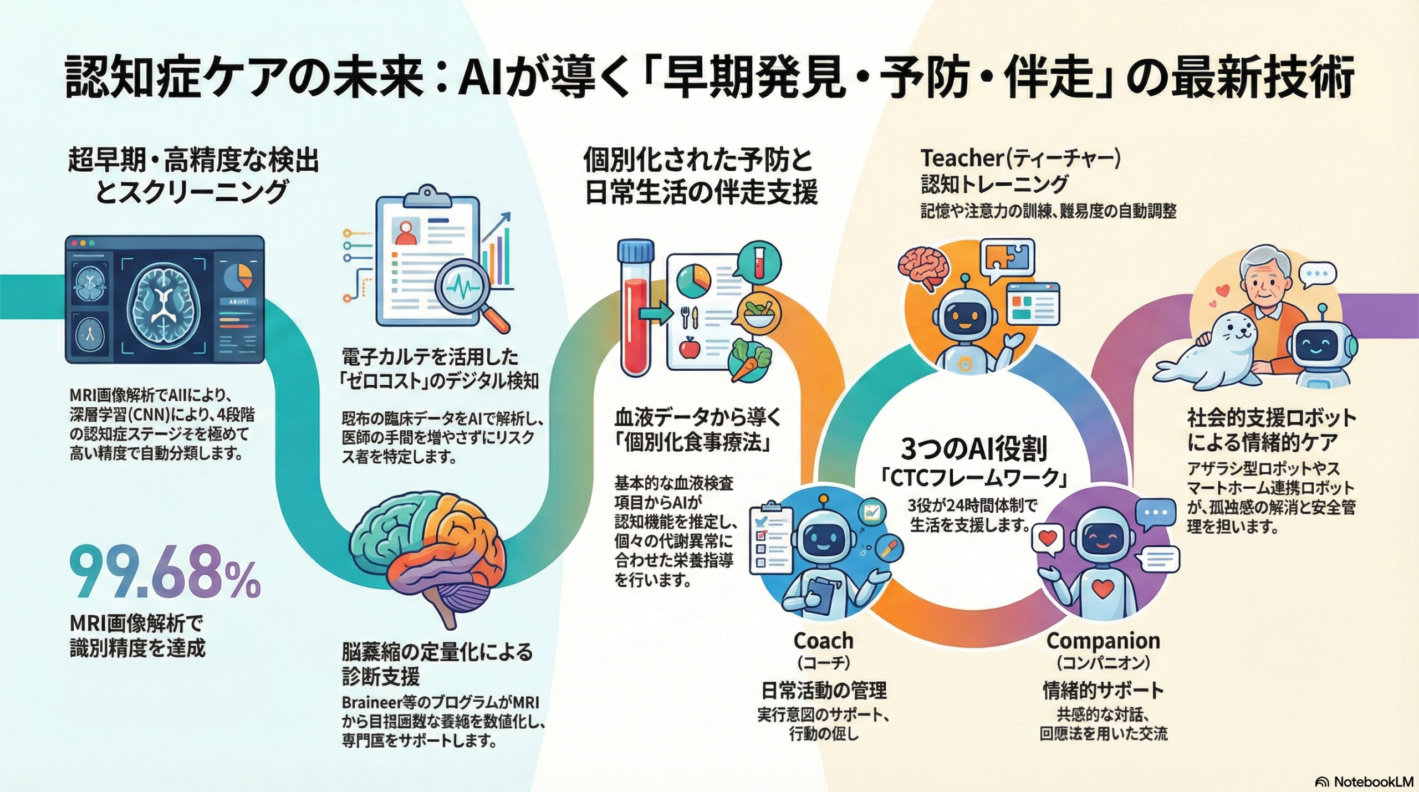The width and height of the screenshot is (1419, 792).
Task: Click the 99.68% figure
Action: click(165, 580)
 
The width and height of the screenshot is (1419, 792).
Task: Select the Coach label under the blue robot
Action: click(823, 641)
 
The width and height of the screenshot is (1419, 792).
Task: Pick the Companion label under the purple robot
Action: click(1103, 641)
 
